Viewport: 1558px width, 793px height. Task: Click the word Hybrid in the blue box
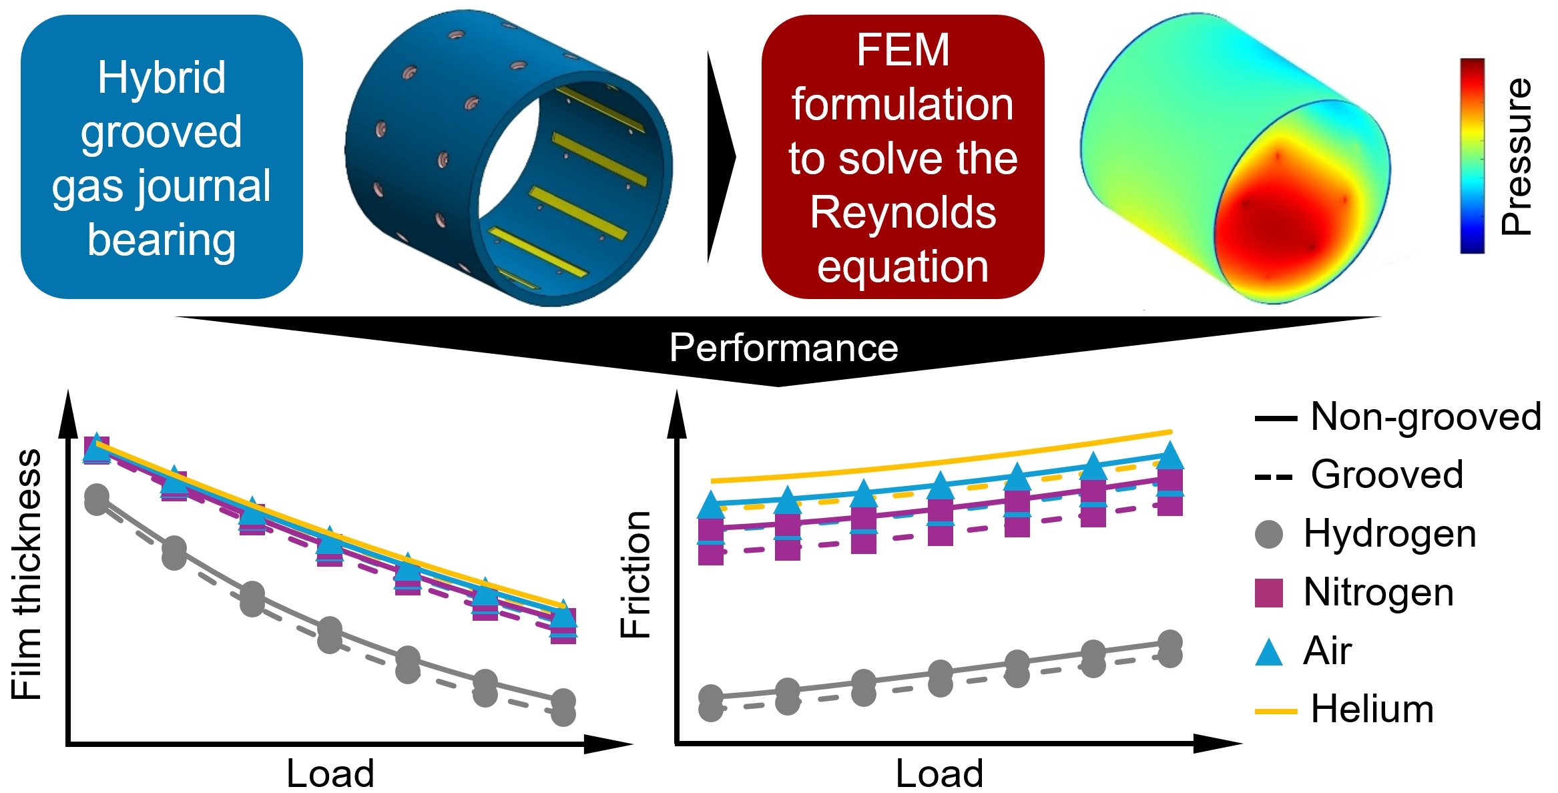[162, 78]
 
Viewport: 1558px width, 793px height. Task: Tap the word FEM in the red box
[902, 50]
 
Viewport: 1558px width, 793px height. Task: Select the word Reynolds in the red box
[902, 213]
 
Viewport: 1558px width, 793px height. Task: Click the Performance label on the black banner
[784, 348]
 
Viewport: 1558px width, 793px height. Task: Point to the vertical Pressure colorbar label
[1517, 157]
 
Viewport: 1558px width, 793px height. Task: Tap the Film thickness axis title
[27, 574]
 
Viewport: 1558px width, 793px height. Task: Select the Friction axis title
[635, 574]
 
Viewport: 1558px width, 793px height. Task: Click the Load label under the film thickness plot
[330, 774]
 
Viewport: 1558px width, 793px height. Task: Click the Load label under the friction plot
[939, 774]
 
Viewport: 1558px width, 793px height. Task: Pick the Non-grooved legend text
[1426, 417]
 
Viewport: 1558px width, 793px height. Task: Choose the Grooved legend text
[1387, 475]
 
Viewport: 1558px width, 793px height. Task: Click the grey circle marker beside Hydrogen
[1269, 534]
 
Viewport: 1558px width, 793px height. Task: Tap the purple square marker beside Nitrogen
[1269, 593]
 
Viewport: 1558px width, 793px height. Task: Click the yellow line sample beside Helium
[1276, 712]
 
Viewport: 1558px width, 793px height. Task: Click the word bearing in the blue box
[162, 240]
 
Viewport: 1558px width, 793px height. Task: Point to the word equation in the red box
[902, 267]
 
